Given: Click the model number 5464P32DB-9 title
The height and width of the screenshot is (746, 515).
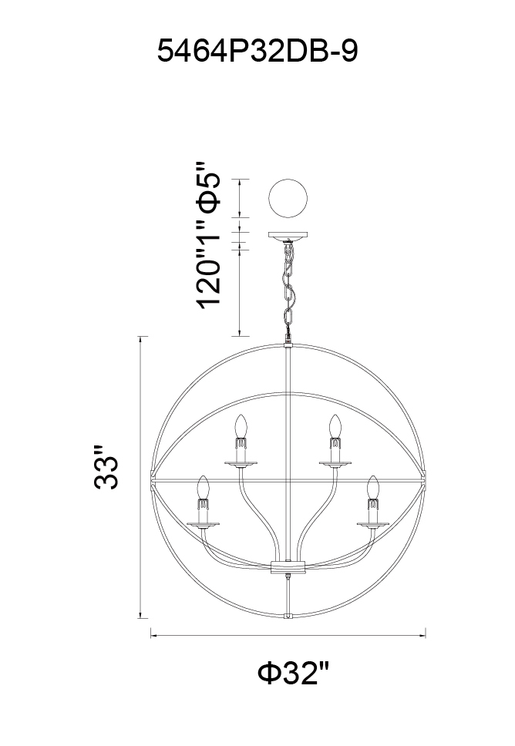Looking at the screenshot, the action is coord(257,51).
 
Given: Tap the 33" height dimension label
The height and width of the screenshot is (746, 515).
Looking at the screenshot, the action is coord(106,467).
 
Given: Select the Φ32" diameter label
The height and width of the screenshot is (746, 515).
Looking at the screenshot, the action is coord(293,673).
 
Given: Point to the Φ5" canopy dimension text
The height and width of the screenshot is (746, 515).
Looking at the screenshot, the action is coord(208,187).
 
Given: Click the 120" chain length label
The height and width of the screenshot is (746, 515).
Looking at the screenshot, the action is coord(208,281).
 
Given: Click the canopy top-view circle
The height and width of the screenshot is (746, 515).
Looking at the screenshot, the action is coord(288,198).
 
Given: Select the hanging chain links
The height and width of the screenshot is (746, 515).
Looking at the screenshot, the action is coord(288,287).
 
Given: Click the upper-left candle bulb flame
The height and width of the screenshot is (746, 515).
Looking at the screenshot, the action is coord(241,426).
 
